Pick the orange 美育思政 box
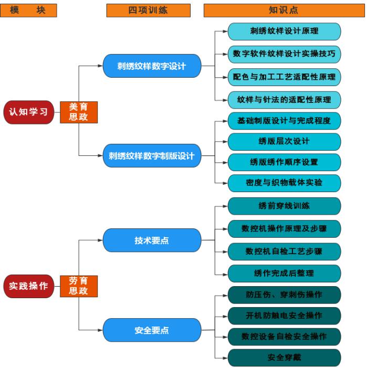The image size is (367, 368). (x=78, y=112)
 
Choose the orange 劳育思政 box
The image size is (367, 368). (x=78, y=286)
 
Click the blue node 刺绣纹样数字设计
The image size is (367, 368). (x=151, y=67)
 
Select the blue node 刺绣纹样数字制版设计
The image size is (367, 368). (x=151, y=156)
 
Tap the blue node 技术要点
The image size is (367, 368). (x=151, y=240)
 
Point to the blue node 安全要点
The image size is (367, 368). (x=151, y=330)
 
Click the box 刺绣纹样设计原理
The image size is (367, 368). (x=284, y=31)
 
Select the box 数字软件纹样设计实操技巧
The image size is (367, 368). (x=284, y=54)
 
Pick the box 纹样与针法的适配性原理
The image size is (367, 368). (x=284, y=99)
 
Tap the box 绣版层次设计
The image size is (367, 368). (x=284, y=141)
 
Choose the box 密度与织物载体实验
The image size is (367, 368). (x=284, y=183)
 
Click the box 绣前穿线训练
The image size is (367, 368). (x=284, y=206)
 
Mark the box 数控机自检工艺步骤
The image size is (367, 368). (x=284, y=251)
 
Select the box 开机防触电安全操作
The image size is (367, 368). (x=284, y=315)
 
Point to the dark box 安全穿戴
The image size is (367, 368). (x=284, y=358)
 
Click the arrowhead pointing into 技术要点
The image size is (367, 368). (x=101, y=240)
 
